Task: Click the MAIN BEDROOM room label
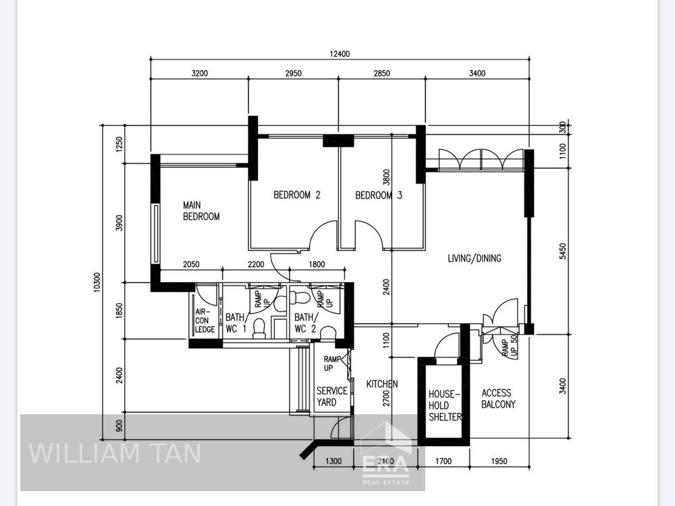tap(201, 210)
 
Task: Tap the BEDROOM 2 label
tap(297, 195)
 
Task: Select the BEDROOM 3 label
tap(379, 196)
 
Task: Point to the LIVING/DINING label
tap(475, 258)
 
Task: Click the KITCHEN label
tap(382, 384)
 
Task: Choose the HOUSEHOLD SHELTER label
tap(445, 405)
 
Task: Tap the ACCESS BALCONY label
tap(498, 399)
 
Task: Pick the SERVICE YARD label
tap(332, 396)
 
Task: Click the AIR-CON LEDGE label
tap(205, 320)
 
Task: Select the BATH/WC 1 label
tap(236, 323)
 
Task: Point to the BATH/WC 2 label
tap(305, 323)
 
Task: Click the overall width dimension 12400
tap(340, 54)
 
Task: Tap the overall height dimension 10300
tap(97, 282)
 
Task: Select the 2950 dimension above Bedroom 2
tap(293, 73)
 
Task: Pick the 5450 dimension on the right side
tap(563, 251)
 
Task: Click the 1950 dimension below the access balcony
tap(499, 461)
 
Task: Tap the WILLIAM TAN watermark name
tap(115, 453)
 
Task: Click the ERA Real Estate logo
tap(385, 453)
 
